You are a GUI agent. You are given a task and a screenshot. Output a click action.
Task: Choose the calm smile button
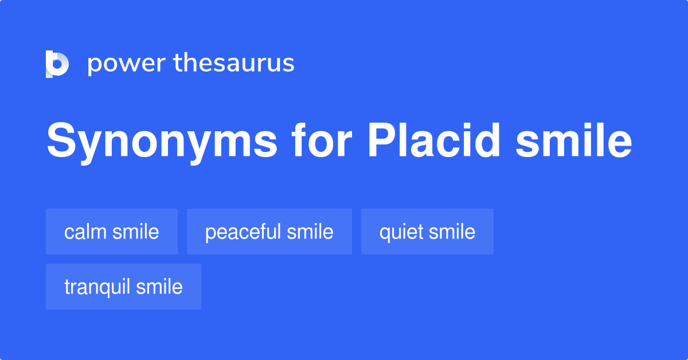tap(112, 232)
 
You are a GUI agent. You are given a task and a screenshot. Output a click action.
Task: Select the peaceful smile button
tap(269, 232)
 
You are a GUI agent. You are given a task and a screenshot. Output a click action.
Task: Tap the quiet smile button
tap(427, 232)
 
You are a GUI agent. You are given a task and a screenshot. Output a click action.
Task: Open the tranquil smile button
tap(123, 287)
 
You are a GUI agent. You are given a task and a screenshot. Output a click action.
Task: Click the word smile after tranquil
tap(161, 287)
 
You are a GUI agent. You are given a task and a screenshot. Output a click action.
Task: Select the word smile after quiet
tap(453, 232)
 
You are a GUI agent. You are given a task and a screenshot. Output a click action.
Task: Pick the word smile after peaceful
tap(311, 232)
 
